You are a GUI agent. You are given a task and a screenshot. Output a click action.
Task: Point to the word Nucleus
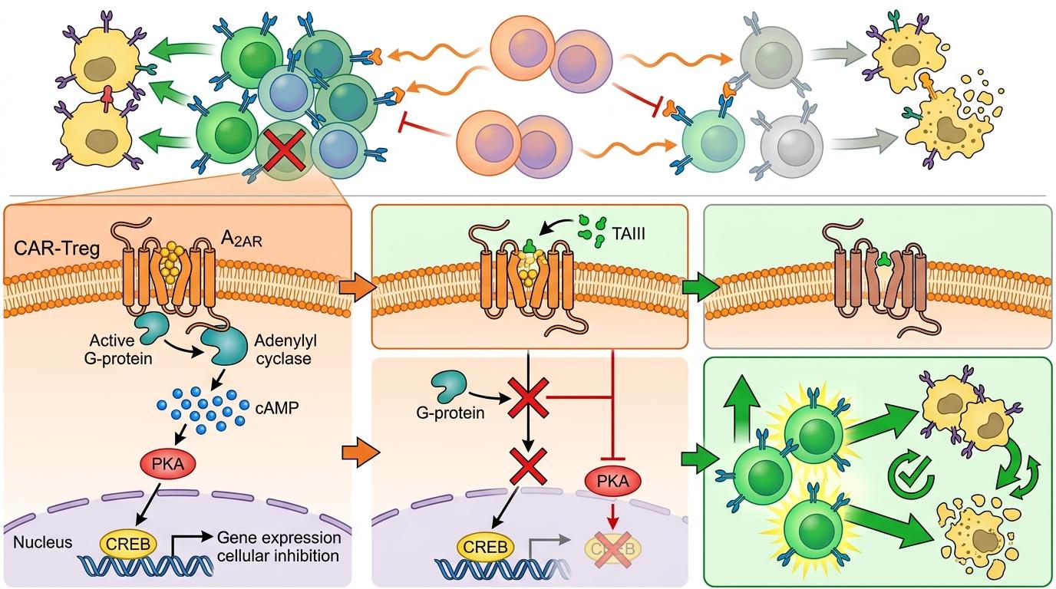pyautogui.click(x=43, y=542)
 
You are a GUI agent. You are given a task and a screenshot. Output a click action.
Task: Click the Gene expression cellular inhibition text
pyautogui.click(x=278, y=546)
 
